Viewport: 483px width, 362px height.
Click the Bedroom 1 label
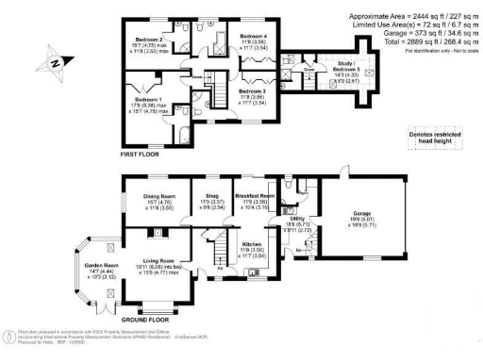tap(146, 98)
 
